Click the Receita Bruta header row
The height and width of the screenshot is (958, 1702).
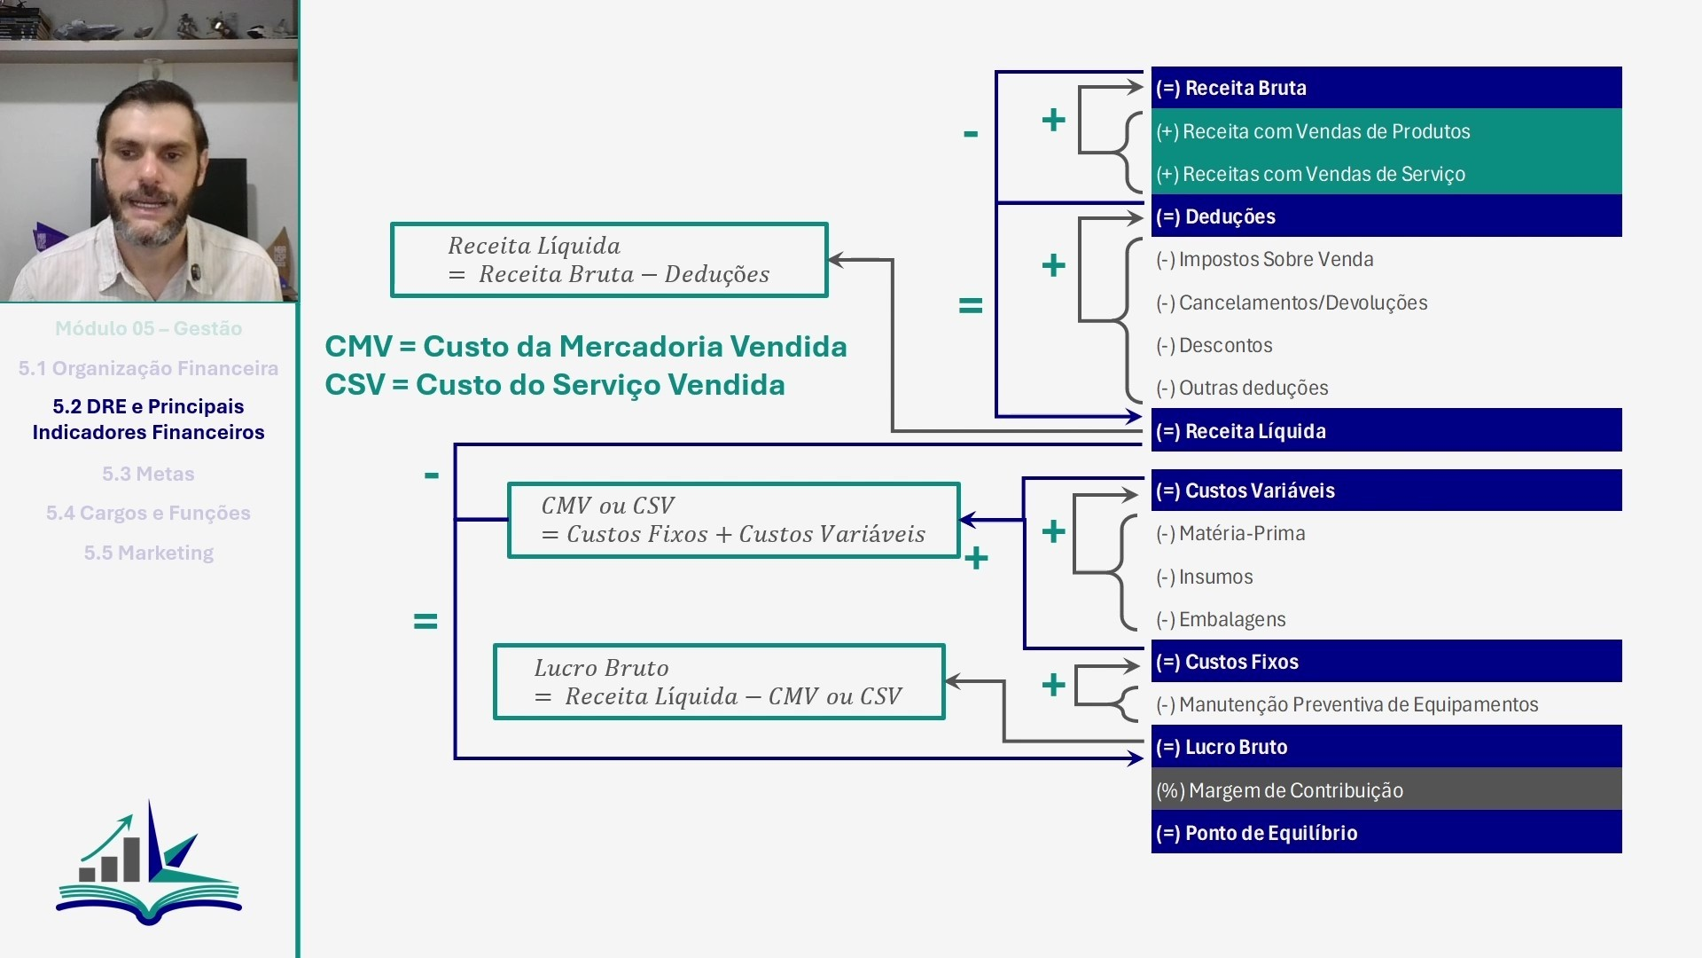click(1386, 88)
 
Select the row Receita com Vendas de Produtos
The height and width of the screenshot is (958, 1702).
click(1386, 130)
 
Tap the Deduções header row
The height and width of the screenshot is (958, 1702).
click(1386, 216)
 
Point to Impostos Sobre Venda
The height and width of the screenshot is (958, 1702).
click(1265, 259)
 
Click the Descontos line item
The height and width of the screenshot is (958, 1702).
click(1214, 345)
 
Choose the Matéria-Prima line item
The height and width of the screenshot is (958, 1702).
click(1230, 533)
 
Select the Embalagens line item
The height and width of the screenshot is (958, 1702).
click(1221, 619)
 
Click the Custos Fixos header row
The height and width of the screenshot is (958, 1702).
click(1386, 661)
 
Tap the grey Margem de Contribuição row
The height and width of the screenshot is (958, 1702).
click(1386, 789)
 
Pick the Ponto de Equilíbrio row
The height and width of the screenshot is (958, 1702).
click(1386, 832)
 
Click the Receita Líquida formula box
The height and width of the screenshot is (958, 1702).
click(609, 260)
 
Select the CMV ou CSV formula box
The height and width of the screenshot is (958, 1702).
click(734, 520)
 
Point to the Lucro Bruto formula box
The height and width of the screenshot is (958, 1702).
click(719, 682)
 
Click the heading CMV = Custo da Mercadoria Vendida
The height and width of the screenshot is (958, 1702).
click(586, 346)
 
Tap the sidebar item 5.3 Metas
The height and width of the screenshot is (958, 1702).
click(148, 474)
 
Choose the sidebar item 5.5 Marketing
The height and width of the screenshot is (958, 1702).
click(149, 553)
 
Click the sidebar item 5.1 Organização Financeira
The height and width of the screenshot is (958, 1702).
click(148, 368)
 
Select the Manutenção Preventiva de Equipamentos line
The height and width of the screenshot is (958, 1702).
click(1347, 704)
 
